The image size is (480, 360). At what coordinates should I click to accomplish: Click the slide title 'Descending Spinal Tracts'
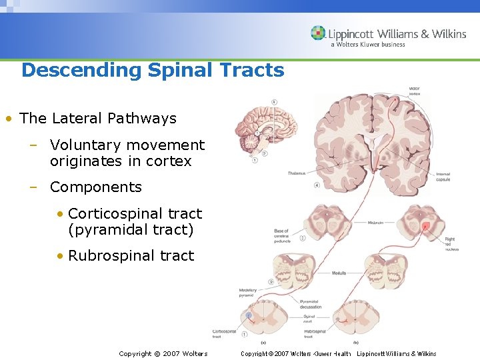pyautogui.click(x=153, y=70)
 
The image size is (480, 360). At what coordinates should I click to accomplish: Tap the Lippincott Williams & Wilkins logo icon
pyautogui.click(x=318, y=33)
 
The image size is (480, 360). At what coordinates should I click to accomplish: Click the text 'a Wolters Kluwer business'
pyautogui.click(x=367, y=45)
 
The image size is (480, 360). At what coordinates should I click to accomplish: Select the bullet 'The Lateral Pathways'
pyautogui.click(x=98, y=119)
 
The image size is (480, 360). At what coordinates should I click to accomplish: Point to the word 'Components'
pyautogui.click(x=96, y=187)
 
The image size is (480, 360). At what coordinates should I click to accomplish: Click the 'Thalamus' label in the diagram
pyautogui.click(x=297, y=173)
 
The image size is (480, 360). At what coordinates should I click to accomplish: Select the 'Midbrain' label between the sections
pyautogui.click(x=377, y=223)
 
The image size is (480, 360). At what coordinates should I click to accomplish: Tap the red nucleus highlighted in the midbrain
pyautogui.click(x=425, y=227)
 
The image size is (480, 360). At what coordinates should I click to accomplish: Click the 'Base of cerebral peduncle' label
pyautogui.click(x=283, y=237)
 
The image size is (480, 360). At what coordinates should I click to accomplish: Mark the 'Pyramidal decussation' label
pyautogui.click(x=311, y=303)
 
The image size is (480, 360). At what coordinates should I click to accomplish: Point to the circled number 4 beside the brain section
pyautogui.click(x=317, y=185)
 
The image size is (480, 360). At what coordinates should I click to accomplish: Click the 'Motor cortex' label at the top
pyautogui.click(x=414, y=91)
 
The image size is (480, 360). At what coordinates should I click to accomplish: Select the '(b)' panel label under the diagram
pyautogui.click(x=355, y=342)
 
